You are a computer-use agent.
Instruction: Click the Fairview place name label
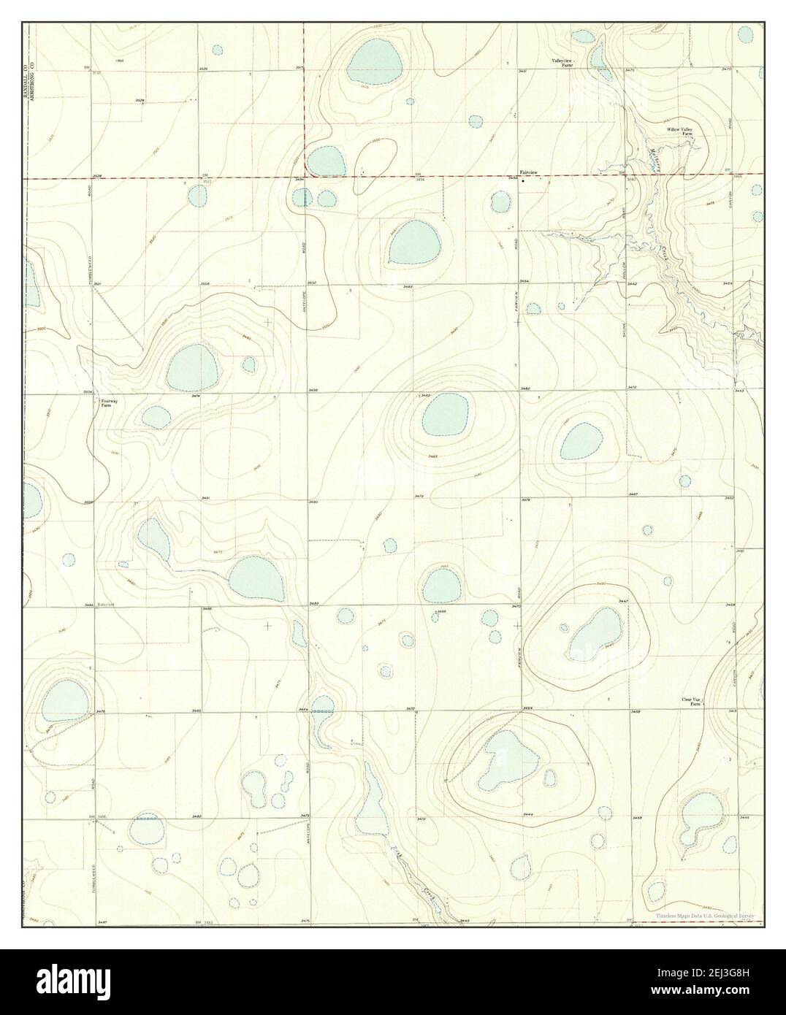527,172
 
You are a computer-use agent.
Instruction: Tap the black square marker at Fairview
523,181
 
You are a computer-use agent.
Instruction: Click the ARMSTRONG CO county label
31,80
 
